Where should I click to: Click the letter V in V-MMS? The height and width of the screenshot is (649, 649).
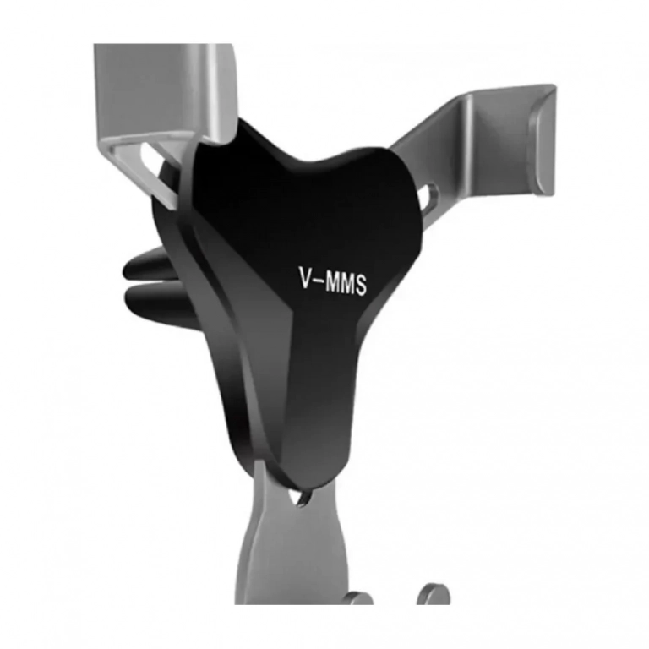305,277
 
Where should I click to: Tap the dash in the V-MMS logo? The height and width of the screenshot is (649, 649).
319,281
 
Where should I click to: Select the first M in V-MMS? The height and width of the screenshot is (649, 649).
333,282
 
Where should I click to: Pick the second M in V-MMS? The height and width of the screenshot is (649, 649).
347,284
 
